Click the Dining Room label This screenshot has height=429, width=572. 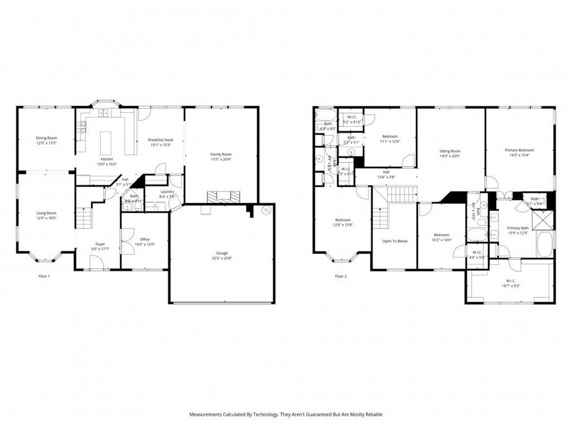[46, 138]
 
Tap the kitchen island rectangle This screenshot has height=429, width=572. [106, 143]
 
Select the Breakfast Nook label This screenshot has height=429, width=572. [160, 140]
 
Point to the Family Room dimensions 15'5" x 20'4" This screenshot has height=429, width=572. [221, 160]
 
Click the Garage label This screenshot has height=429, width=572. [222, 252]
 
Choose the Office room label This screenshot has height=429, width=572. [145, 239]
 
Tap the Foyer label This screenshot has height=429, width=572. [100, 244]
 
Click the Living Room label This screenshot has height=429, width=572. [46, 213]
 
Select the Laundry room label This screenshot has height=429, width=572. [167, 191]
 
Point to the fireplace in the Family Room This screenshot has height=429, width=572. [223, 197]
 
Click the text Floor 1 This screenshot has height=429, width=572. [44, 276]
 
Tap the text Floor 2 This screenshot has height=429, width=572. [341, 276]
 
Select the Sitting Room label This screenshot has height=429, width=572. [450, 151]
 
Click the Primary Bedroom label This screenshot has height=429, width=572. [519, 150]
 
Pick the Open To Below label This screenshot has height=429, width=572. [394, 241]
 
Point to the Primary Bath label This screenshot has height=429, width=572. [517, 228]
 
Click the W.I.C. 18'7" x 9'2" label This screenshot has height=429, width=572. [511, 281]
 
